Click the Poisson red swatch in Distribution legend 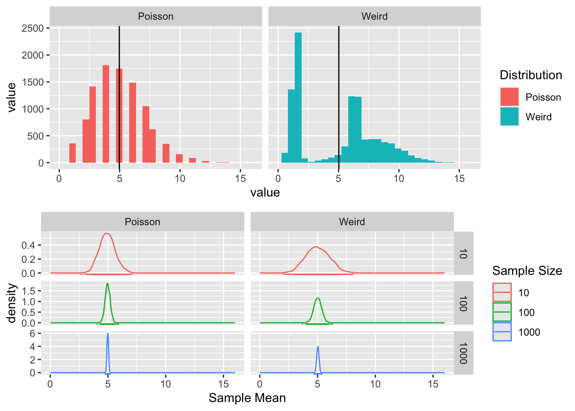(x=509, y=97)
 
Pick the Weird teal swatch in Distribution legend (x=509, y=117)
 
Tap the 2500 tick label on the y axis (x=33, y=28)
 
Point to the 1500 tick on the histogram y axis (x=33, y=82)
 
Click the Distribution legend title (x=531, y=75)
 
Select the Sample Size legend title (x=527, y=271)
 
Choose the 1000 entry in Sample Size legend (x=529, y=332)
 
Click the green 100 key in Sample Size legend (x=502, y=313)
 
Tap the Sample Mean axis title (x=247, y=398)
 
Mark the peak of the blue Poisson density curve (x=107, y=334)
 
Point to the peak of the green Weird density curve (x=317, y=298)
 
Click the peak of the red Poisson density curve (x=107, y=233)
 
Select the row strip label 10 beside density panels (x=463, y=253)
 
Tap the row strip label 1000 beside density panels (x=463, y=353)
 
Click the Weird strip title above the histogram (x=374, y=16)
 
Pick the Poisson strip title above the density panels (x=142, y=222)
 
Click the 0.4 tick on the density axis (x=31, y=245)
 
